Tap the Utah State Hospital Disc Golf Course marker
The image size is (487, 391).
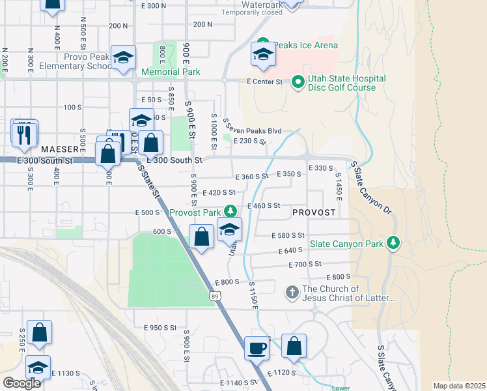click(298, 82)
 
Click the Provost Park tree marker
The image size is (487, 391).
click(230, 211)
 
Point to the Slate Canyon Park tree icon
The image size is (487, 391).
click(393, 243)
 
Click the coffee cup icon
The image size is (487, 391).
click(257, 347)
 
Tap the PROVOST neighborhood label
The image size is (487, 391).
click(314, 213)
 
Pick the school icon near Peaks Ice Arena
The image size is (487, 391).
click(262, 55)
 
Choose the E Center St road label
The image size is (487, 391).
click(264, 82)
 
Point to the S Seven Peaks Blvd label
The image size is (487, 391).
click(253, 126)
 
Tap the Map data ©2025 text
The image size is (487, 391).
click(458, 386)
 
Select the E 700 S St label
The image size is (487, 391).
click(305, 264)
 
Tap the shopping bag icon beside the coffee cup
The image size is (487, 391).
click(294, 347)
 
